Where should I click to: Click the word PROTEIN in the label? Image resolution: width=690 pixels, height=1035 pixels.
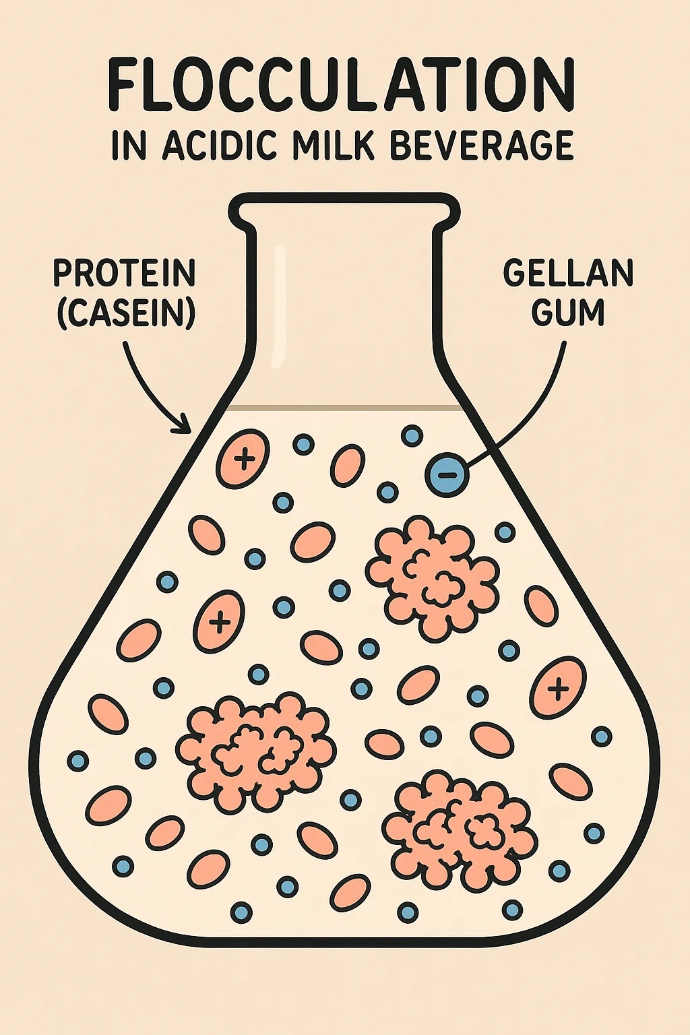[x=125, y=274]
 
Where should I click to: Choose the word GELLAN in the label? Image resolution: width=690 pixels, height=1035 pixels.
[x=567, y=274]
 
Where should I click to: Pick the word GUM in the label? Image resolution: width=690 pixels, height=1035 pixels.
[x=568, y=313]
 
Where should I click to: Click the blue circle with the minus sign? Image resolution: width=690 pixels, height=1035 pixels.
[x=447, y=474]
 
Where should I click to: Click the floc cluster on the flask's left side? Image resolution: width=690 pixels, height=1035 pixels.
[x=257, y=753]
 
